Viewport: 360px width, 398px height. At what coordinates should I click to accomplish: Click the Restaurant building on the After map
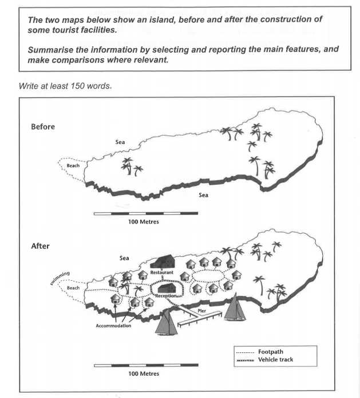click(162, 263)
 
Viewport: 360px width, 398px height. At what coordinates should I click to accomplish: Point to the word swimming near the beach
click(61, 278)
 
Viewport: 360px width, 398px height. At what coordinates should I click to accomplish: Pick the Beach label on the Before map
click(73, 165)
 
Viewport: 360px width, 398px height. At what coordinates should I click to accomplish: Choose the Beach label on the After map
click(73, 288)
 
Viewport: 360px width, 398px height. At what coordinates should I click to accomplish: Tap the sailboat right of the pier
click(234, 309)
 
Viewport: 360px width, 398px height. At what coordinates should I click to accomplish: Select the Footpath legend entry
click(271, 352)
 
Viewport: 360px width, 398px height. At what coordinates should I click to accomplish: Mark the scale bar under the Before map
click(145, 214)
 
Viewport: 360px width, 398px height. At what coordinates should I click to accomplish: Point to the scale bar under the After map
click(145, 365)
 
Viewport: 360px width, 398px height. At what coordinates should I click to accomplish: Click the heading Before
click(43, 126)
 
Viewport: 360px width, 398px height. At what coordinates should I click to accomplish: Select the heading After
click(40, 246)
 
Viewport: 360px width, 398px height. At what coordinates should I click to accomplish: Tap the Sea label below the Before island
click(203, 195)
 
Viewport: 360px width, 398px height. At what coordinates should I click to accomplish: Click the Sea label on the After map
click(124, 258)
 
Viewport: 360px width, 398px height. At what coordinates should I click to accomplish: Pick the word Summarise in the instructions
click(50, 50)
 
